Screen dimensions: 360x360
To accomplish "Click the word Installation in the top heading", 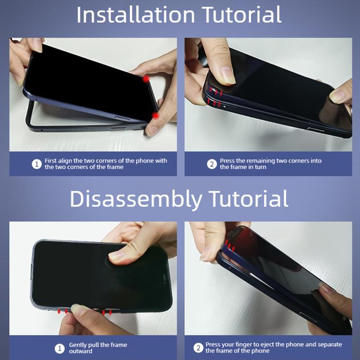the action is [x=136, y=15].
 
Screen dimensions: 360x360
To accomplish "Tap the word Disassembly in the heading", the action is [x=136, y=199].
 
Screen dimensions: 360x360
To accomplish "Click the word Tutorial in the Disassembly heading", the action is [x=249, y=199].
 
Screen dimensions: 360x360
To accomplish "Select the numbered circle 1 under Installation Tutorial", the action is [x=37, y=164].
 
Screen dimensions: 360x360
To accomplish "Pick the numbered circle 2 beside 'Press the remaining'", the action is [x=212, y=164].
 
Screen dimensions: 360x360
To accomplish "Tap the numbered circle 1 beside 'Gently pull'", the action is [x=60, y=348].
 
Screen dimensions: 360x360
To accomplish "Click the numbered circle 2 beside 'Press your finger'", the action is [x=198, y=348].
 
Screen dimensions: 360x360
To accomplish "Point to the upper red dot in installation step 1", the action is [x=146, y=79].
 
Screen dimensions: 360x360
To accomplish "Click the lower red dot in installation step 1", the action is [x=156, y=116].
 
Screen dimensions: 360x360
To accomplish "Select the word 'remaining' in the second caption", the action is [x=261, y=161].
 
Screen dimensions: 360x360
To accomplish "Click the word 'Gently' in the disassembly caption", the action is [x=78, y=345].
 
